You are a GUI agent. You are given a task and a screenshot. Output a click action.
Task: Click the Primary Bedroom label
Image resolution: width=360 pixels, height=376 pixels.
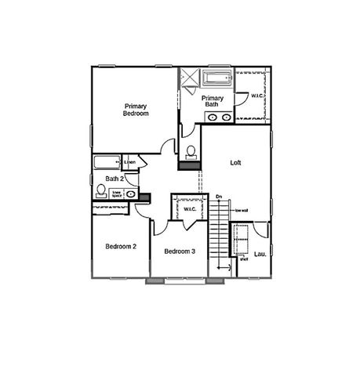tap(135, 109)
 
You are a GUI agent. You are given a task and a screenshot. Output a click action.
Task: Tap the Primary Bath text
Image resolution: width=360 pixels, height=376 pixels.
tap(215, 101)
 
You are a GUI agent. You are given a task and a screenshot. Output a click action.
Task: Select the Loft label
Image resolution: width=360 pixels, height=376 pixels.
tap(235, 163)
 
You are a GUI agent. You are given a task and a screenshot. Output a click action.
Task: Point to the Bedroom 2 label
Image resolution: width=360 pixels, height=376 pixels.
tap(121, 246)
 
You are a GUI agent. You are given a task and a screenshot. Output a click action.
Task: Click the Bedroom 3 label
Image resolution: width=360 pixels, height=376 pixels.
tap(179, 251)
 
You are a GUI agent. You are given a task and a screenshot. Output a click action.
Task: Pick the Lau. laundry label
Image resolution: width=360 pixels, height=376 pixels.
tap(260, 254)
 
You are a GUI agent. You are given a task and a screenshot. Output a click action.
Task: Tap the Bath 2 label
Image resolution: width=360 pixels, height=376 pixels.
tap(115, 179)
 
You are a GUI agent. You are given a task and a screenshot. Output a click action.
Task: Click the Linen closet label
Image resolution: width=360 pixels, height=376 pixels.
tap(130, 162)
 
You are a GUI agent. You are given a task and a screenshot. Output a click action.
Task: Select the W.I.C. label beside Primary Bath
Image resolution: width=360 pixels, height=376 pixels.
tap(257, 96)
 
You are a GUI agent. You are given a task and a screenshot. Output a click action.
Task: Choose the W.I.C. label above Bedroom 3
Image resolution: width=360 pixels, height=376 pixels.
tap(190, 208)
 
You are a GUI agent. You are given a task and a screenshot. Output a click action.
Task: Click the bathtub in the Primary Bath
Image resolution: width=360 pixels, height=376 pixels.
tap(219, 78)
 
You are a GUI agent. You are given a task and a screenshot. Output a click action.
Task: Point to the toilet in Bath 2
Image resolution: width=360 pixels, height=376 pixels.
tap(100, 190)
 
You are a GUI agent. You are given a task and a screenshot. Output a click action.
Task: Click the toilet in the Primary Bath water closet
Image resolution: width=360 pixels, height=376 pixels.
tap(191, 150)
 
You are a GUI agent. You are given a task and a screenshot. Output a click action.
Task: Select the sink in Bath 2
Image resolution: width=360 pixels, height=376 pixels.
tap(130, 193)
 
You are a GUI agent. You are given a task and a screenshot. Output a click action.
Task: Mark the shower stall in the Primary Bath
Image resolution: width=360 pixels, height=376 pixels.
tap(190, 81)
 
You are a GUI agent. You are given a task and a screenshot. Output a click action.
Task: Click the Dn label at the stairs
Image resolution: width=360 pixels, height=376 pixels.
tap(219, 195)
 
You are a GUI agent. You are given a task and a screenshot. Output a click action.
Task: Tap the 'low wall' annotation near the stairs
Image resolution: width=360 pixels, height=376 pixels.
tap(242, 210)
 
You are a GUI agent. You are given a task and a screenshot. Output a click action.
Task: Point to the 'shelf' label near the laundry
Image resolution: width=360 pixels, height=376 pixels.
tap(243, 259)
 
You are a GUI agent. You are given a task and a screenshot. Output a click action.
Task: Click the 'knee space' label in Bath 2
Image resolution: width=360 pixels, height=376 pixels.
tap(116, 192)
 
